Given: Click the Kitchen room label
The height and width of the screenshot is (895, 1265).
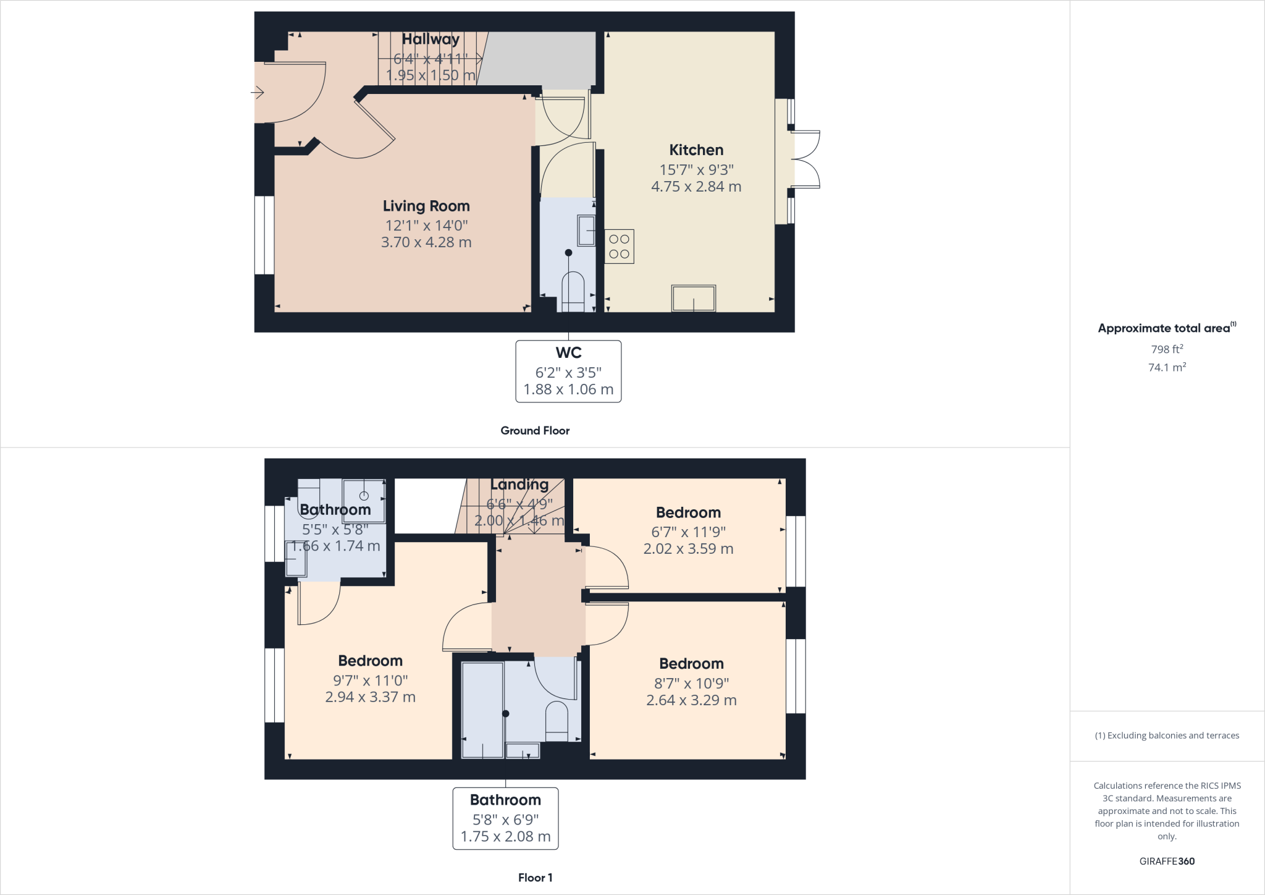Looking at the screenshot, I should tap(696, 150).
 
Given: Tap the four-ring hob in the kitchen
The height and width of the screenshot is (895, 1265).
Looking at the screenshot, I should tap(619, 246).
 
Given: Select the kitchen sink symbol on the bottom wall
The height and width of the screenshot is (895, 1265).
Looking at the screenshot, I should tap(694, 299).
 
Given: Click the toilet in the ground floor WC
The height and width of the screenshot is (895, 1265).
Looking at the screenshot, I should tap(573, 291).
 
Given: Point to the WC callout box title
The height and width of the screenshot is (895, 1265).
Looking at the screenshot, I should tap(568, 353).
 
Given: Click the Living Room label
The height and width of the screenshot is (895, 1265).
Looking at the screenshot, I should tap(426, 206).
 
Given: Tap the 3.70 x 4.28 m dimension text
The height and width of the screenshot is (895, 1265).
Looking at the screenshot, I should tap(426, 242).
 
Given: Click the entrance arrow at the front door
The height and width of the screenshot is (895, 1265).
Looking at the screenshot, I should tap(258, 93).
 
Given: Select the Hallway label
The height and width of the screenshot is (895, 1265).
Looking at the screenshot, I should tap(431, 39).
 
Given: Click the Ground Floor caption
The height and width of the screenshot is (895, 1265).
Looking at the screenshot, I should tap(535, 431).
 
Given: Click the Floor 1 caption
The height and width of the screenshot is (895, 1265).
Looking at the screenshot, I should tap(535, 878).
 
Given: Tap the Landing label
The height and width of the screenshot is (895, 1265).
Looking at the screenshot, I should tap(519, 485).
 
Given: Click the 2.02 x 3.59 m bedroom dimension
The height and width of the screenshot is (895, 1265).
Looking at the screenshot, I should tap(688, 549).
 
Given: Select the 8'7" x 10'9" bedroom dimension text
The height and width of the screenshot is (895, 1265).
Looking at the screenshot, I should tap(691, 684).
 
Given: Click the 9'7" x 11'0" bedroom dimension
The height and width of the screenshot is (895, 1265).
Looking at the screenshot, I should tap(370, 681).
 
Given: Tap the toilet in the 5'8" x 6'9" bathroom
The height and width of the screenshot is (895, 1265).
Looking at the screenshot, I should tap(557, 720).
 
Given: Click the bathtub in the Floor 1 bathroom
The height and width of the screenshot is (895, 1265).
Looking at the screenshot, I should tap(482, 710).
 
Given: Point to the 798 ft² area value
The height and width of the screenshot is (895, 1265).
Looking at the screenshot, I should tap(1167, 349).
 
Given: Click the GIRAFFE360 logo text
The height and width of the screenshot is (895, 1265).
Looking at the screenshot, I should tap(1167, 861).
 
